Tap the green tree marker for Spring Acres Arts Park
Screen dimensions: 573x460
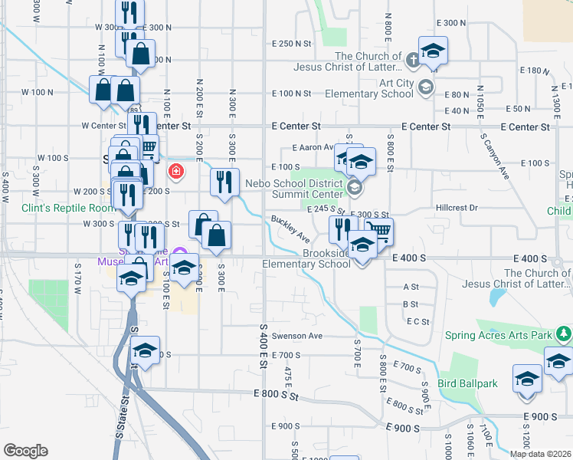click(x=565, y=333)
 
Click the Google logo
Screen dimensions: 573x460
click(x=25, y=451)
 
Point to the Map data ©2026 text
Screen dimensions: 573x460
click(x=540, y=454)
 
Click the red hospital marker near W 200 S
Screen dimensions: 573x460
click(x=176, y=170)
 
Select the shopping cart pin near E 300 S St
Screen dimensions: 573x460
click(x=378, y=231)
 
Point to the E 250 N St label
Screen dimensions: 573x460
click(x=293, y=44)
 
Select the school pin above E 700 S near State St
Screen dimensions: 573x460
click(x=144, y=350)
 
